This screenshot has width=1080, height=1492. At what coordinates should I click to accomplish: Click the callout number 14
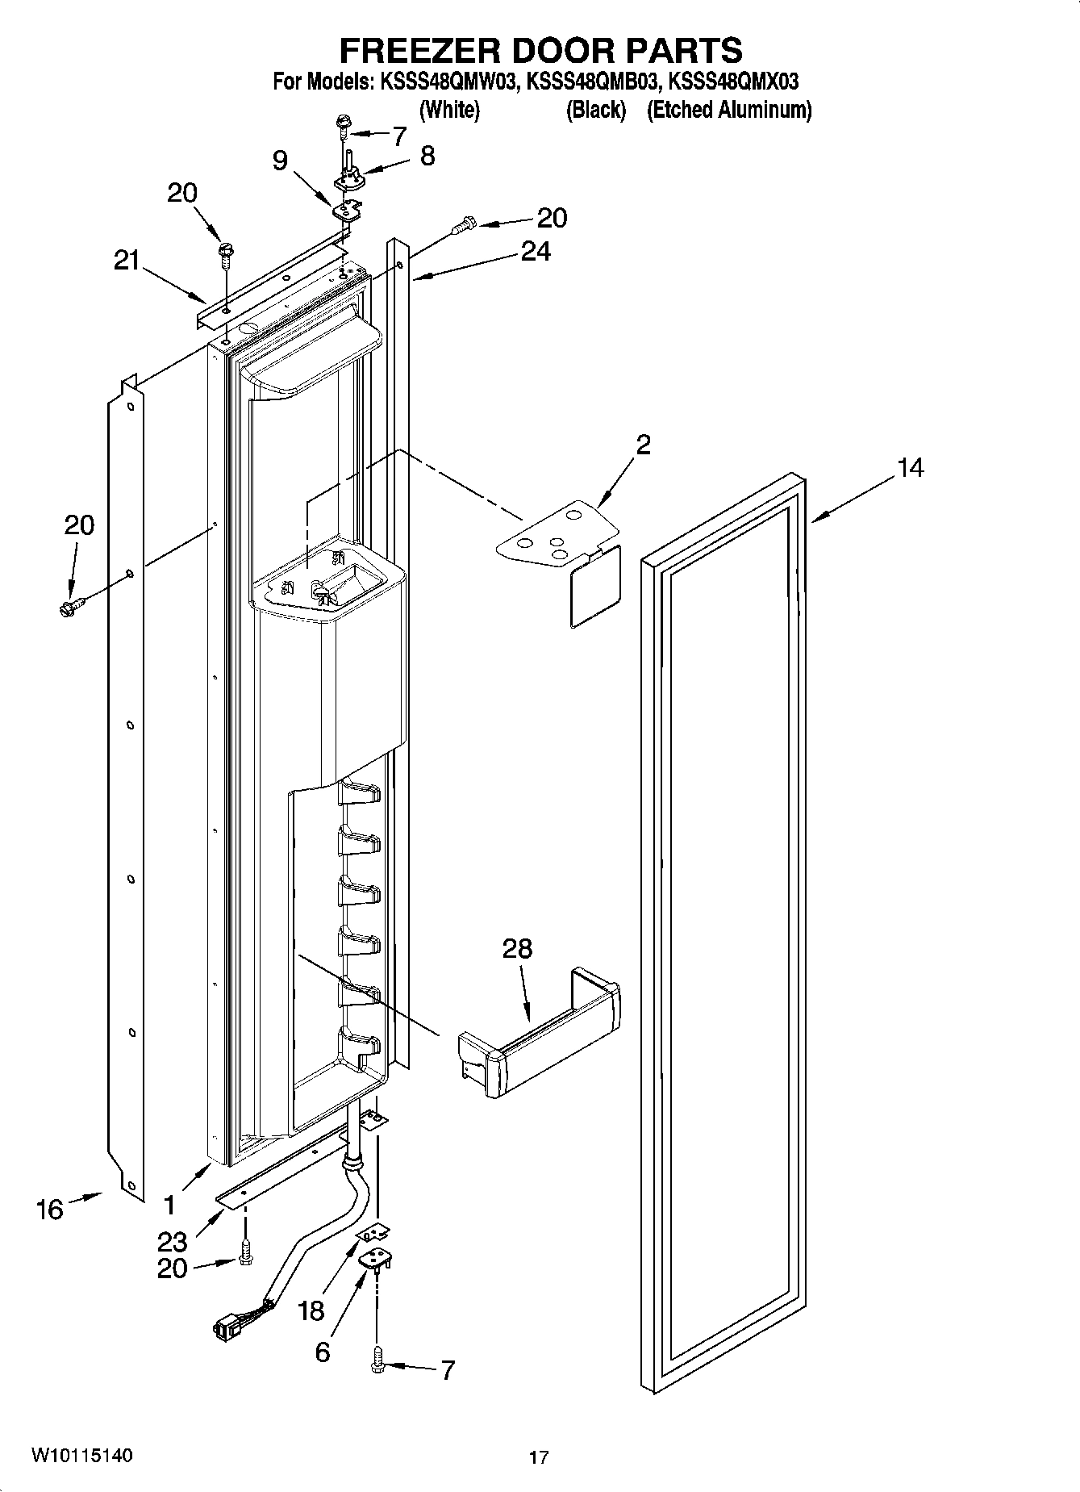tap(910, 467)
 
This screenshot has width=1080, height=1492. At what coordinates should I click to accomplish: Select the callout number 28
tap(517, 948)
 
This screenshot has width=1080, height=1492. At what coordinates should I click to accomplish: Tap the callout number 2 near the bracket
tap(643, 445)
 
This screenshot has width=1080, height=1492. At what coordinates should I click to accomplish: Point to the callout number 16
tap(49, 1209)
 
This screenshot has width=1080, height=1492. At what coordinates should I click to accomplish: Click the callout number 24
tap(536, 252)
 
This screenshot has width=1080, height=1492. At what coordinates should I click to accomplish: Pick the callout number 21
tap(126, 261)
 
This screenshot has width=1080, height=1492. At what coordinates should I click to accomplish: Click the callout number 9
tap(280, 161)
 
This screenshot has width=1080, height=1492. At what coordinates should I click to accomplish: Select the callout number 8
tap(427, 155)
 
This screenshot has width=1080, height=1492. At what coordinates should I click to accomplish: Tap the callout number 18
tap(311, 1311)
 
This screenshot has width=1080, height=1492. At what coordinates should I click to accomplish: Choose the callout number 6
tap(322, 1352)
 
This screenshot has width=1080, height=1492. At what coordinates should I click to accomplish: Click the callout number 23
tap(172, 1242)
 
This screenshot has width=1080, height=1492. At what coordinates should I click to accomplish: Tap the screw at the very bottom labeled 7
tap(376, 1365)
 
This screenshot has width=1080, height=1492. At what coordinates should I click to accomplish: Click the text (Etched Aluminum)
tap(728, 110)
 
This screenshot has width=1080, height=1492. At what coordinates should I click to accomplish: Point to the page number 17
tap(539, 1457)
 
